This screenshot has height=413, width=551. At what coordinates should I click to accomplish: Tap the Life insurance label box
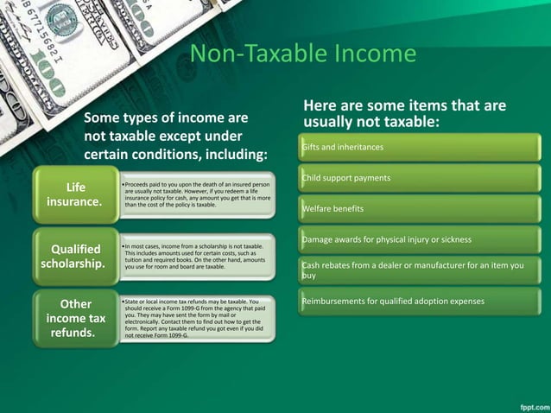point(74,194)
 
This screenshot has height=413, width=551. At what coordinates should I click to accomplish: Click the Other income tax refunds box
point(75,319)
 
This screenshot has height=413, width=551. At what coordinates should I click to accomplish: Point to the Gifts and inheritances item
point(342,148)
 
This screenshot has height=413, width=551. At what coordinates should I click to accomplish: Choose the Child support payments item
point(345,178)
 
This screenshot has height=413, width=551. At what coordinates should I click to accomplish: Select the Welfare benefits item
point(332,209)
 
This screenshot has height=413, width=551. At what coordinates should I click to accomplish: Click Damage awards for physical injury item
point(386,238)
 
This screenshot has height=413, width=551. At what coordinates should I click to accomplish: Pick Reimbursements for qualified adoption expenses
point(392,301)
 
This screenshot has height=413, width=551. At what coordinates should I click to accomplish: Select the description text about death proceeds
point(197,195)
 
